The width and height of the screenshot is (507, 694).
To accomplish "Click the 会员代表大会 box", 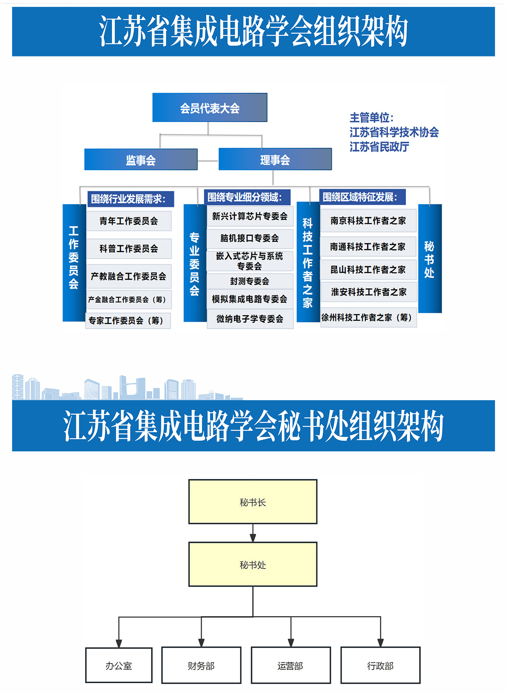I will click(x=210, y=108).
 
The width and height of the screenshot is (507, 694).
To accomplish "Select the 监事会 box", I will click(x=141, y=159).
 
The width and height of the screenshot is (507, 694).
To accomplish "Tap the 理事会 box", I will click(x=275, y=159).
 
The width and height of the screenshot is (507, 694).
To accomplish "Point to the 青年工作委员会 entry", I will click(x=129, y=221).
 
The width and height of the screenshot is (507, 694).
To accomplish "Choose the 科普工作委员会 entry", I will click(x=129, y=248).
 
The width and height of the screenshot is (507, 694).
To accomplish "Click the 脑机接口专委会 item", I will click(x=250, y=238).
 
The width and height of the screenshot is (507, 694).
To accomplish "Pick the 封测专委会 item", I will click(x=250, y=281).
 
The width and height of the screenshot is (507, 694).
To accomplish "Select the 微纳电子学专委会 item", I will click(x=250, y=319).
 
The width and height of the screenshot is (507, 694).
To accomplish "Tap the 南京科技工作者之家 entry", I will click(x=368, y=221).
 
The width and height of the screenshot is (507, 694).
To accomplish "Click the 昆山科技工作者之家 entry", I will click(x=368, y=269).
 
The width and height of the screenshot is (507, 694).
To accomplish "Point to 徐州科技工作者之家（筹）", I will click(x=368, y=318).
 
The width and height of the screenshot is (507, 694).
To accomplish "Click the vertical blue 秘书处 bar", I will click(x=430, y=259).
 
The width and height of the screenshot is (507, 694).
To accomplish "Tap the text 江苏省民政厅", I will click(x=380, y=147).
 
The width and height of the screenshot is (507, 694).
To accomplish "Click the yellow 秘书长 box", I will click(x=253, y=502).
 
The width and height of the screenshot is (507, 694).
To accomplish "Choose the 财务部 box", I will click(x=201, y=665).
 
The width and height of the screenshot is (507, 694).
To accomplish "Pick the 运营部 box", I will click(x=291, y=665).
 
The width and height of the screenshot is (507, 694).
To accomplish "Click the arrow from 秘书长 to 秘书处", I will click(x=253, y=533).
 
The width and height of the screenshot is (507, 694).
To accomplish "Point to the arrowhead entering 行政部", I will click(x=380, y=643).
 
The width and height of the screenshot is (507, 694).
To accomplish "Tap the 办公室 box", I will click(x=119, y=665).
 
